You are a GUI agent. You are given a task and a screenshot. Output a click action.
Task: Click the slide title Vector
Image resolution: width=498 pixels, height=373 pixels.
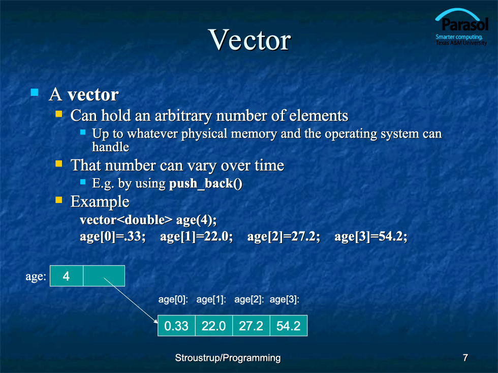250,40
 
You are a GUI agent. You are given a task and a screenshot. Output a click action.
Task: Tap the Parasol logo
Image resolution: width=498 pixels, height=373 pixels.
461,27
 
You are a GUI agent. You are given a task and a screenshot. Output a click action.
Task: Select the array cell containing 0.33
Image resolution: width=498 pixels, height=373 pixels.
177,326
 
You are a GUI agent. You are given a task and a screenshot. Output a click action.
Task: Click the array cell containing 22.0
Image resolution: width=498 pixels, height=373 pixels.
214,326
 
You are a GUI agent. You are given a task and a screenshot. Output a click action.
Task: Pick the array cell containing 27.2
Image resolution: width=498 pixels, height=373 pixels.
251,326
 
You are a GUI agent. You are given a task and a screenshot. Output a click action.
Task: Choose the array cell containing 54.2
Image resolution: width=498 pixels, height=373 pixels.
289,326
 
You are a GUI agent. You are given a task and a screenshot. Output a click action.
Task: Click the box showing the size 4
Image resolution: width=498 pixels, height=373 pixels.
67,276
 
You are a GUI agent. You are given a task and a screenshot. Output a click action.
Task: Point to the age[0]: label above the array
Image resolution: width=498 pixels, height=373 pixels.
173,299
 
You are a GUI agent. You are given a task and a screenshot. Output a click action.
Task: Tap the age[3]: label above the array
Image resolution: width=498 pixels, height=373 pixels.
285,299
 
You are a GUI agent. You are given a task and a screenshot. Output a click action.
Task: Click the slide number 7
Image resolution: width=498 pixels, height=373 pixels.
465,358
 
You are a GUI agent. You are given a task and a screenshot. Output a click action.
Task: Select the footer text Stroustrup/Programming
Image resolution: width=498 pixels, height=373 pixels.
228,358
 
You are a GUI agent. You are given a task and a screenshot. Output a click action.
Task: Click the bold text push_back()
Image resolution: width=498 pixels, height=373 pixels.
205,184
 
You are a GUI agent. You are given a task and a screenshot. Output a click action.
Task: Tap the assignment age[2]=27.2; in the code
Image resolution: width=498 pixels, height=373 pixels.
284,236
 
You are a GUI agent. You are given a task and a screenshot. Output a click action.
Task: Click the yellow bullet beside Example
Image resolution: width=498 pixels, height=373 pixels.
59,199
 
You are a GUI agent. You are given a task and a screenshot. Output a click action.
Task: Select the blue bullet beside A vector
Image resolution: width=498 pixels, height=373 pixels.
35,92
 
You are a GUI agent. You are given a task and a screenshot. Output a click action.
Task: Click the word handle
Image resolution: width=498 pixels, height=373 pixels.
111,147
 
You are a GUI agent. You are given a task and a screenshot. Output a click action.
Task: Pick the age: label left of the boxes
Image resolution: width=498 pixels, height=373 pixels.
36,277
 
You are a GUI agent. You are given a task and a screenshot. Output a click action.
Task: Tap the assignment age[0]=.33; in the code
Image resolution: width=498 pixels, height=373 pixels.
113,236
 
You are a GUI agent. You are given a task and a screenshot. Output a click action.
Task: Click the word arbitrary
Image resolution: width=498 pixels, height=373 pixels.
183,116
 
